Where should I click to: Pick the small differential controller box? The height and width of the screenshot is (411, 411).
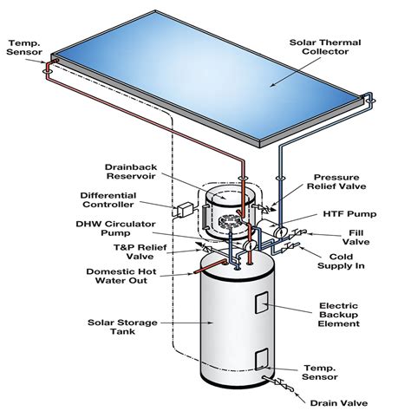(x=186, y=209)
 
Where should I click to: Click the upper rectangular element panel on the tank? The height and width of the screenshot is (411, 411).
(x=260, y=303)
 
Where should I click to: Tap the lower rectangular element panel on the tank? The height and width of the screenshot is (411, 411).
(x=260, y=359)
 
